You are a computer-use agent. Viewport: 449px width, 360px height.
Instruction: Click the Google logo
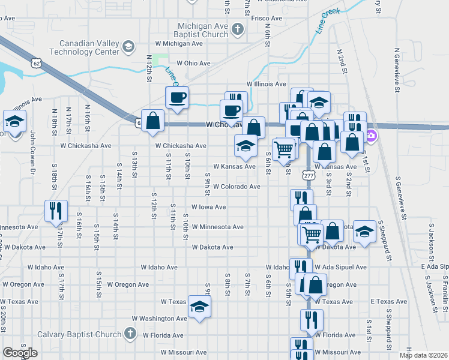coord(20,353)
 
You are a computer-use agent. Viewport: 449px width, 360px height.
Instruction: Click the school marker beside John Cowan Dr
coord(14,122)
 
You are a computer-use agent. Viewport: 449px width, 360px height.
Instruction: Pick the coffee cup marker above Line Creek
coord(177,97)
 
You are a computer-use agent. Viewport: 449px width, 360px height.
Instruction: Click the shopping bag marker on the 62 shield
coord(153,120)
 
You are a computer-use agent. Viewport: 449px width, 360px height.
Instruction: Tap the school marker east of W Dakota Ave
coord(364,233)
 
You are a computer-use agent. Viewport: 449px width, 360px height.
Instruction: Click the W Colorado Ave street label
coord(236,187)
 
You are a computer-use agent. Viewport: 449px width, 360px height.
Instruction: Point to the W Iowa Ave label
coord(208,207)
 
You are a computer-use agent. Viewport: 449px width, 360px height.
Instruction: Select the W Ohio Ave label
coord(193,63)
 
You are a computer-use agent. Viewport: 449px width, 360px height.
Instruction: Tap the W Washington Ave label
coord(164,319)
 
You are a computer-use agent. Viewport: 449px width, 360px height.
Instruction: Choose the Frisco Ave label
coord(267,19)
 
